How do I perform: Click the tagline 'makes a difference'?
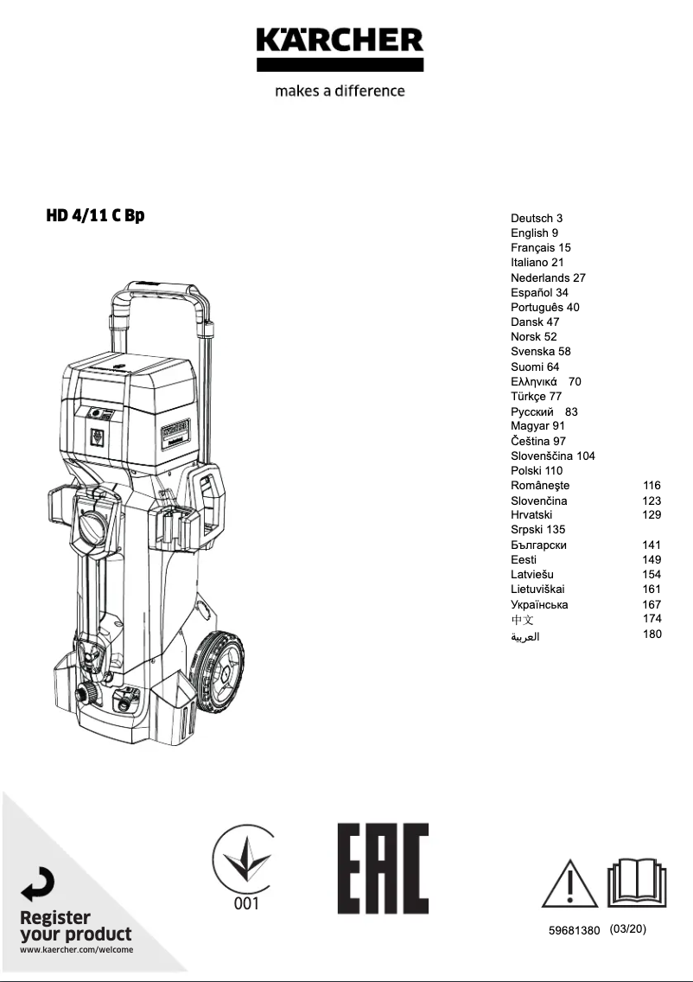(340, 91)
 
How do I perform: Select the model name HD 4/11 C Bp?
(95, 215)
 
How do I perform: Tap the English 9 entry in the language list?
(534, 233)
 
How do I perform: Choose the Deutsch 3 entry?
(536, 219)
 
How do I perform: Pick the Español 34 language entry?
(539, 293)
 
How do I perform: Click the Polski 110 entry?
(536, 471)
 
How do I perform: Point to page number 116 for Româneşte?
(652, 486)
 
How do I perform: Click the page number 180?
(652, 634)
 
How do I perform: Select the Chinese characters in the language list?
(522, 620)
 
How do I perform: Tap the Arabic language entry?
(525, 636)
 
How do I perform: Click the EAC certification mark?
(383, 868)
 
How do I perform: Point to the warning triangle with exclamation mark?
(570, 883)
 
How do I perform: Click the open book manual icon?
(636, 882)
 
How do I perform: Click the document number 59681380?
(574, 931)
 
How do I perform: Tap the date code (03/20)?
(627, 929)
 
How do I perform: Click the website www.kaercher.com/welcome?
(76, 950)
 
